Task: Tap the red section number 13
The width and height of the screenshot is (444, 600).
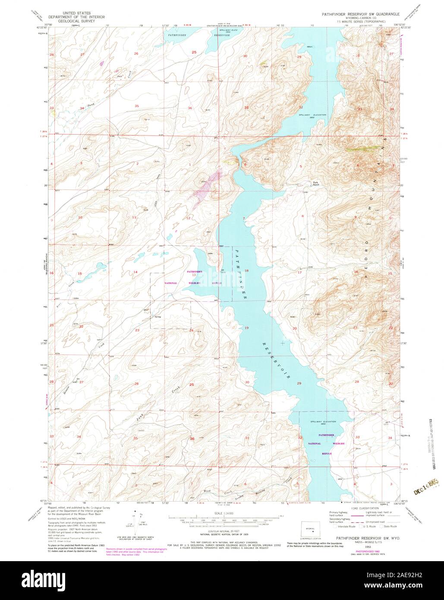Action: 194,275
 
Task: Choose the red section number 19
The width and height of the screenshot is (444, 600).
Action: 247,328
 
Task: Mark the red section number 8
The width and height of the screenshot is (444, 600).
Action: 302,216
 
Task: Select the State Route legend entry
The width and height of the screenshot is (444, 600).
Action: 390,527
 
